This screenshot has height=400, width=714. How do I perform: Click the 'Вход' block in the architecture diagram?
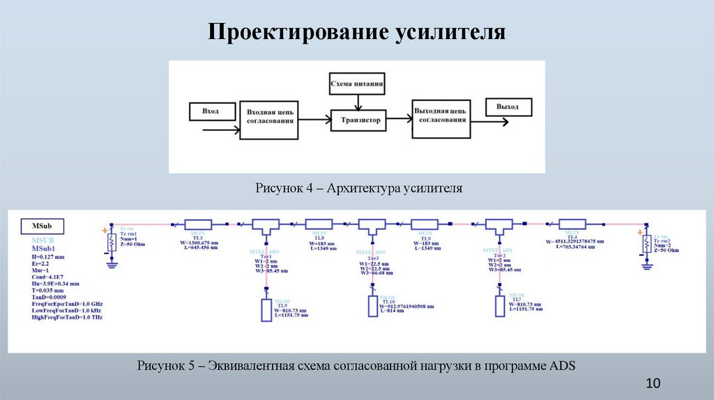point(210,111)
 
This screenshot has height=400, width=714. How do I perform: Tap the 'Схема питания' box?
point(356,86)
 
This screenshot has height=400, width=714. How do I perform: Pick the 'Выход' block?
point(508,107)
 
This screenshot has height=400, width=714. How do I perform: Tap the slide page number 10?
point(653,384)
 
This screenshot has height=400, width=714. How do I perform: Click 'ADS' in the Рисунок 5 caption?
point(563,366)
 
